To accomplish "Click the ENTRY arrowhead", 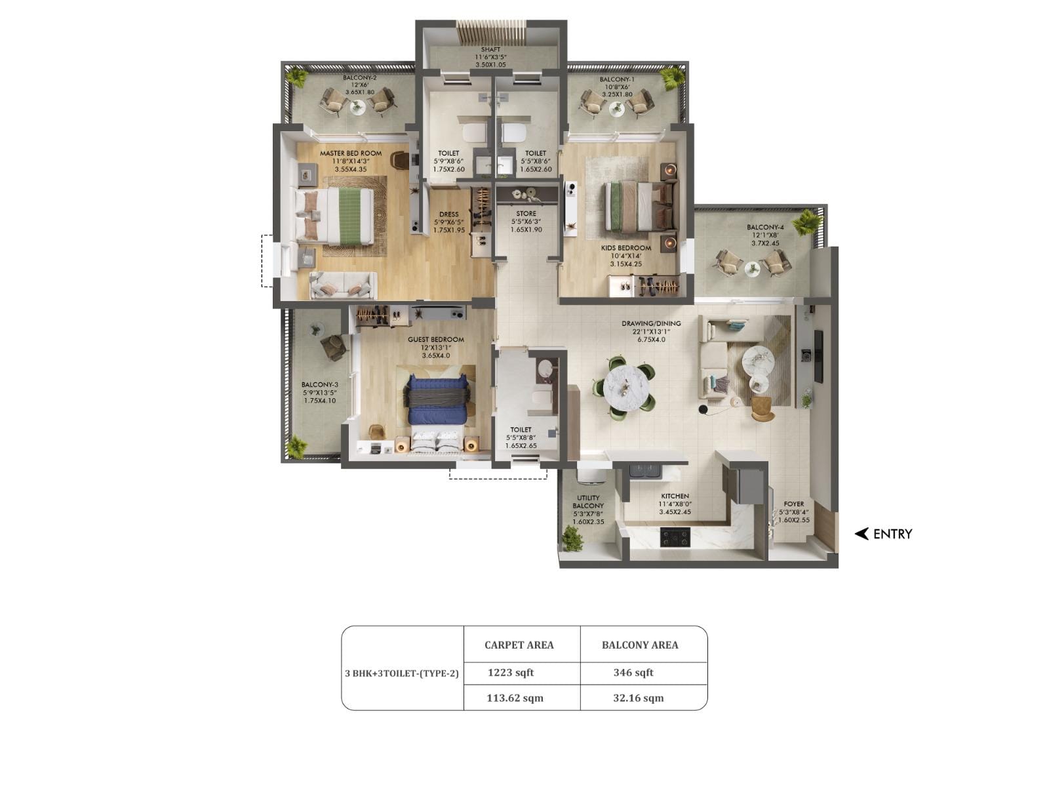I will pyautogui.click(x=861, y=534).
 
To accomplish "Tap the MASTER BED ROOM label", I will pyautogui.click(x=351, y=153).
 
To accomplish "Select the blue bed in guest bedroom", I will pyautogui.click(x=438, y=399).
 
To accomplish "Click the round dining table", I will pyautogui.click(x=626, y=386).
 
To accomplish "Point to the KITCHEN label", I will pyautogui.click(x=675, y=496).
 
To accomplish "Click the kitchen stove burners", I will pyautogui.click(x=675, y=538).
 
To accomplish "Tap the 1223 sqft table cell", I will pyautogui.click(x=511, y=672).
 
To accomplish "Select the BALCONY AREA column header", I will pyautogui.click(x=640, y=645).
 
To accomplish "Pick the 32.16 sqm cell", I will pyautogui.click(x=638, y=698).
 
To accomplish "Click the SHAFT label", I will pyautogui.click(x=490, y=50).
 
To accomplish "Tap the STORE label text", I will pyautogui.click(x=526, y=214).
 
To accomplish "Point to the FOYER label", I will pyautogui.click(x=793, y=504).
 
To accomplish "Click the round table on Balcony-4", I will pyautogui.click(x=752, y=267).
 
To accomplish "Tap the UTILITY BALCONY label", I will pyautogui.click(x=588, y=502).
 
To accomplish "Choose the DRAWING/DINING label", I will pyautogui.click(x=651, y=323).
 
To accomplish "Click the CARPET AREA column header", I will pyautogui.click(x=519, y=645).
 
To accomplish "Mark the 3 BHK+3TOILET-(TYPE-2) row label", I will pyautogui.click(x=402, y=673).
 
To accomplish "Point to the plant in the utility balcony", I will pyautogui.click(x=572, y=538).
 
